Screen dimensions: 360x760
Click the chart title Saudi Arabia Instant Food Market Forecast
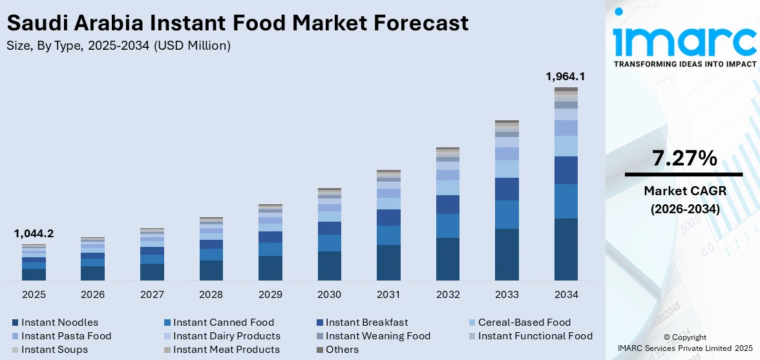(237, 23)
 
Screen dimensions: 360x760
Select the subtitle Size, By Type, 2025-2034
(118, 45)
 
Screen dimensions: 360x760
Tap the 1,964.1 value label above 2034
(565, 76)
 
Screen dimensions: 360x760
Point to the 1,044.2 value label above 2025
(34, 233)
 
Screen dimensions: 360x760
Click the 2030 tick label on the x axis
(329, 295)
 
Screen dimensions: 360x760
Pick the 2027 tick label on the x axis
(152, 295)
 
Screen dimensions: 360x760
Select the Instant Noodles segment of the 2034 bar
(566, 249)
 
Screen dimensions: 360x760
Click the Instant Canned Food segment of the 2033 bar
(507, 215)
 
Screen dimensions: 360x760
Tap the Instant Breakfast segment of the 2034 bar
(566, 170)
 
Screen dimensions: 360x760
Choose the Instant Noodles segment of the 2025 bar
(34, 275)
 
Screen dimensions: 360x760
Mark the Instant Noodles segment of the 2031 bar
(388, 262)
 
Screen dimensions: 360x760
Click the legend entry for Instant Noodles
(59, 322)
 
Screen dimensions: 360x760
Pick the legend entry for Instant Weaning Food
(377, 335)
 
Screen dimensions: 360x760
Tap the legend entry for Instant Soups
(54, 350)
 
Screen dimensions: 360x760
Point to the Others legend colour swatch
(319, 350)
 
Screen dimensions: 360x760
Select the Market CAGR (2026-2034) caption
(684, 200)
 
